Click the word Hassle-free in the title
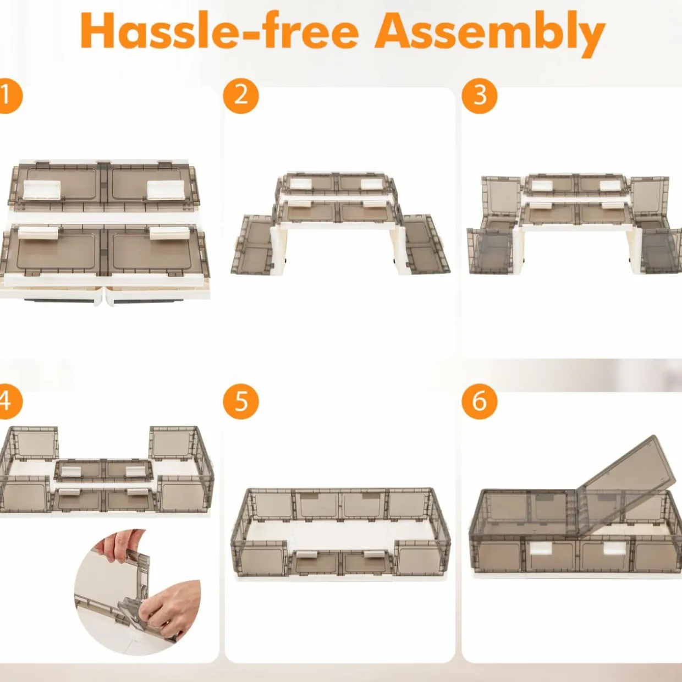[219, 31]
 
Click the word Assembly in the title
[490, 35]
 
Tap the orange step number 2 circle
[241, 96]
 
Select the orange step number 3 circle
[480, 96]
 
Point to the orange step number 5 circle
[241, 402]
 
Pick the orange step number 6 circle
[480, 402]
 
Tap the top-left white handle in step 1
[42, 190]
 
